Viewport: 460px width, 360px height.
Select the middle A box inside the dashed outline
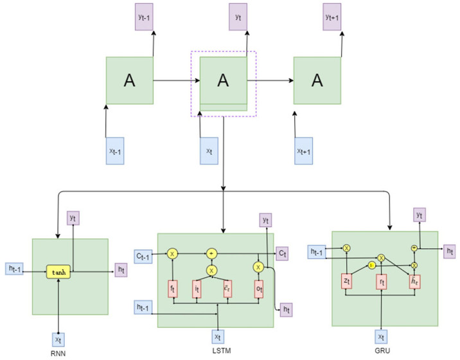point(223,80)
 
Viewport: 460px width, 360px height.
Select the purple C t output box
point(283,255)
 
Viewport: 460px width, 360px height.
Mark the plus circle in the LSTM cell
point(211,254)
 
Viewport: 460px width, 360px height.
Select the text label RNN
point(59,353)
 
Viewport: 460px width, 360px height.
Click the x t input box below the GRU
point(382,336)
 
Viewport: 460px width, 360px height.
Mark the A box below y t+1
point(317,80)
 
